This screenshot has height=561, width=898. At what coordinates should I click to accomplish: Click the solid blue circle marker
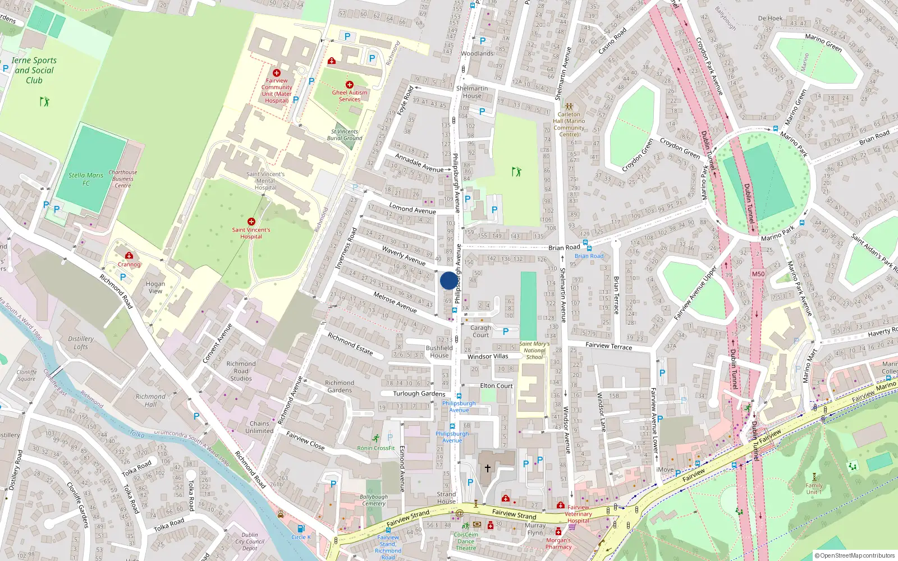[x=448, y=280]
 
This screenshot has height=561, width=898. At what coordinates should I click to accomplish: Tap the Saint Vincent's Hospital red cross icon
[x=251, y=222]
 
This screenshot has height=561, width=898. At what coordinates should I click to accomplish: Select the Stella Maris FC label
[x=86, y=179]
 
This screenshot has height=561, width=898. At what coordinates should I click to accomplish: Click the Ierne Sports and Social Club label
[x=34, y=70]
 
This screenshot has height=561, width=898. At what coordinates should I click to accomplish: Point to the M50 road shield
[x=758, y=274]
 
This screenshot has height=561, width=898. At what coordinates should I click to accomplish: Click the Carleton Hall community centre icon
[x=569, y=106]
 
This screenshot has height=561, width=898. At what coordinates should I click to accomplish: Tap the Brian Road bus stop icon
[x=587, y=247]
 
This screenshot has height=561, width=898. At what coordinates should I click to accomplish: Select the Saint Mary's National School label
[x=534, y=350]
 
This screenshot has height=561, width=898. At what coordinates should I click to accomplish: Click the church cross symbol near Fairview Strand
[x=488, y=468]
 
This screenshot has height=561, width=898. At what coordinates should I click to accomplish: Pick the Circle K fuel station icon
[x=301, y=528]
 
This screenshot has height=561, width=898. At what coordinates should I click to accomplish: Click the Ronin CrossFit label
[x=376, y=448]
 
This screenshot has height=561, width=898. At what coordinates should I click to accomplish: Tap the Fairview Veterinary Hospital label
[x=578, y=513]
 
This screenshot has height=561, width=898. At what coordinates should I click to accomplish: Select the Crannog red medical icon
[x=129, y=256]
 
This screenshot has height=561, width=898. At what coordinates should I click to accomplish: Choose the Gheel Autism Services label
[x=350, y=96]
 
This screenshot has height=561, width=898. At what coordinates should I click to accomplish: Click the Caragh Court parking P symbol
[x=506, y=332]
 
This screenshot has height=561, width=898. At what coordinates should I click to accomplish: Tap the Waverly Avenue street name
[x=404, y=255]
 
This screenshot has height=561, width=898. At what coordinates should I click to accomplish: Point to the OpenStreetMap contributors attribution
[x=854, y=555]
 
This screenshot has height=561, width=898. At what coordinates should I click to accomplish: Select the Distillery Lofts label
[x=81, y=342]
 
